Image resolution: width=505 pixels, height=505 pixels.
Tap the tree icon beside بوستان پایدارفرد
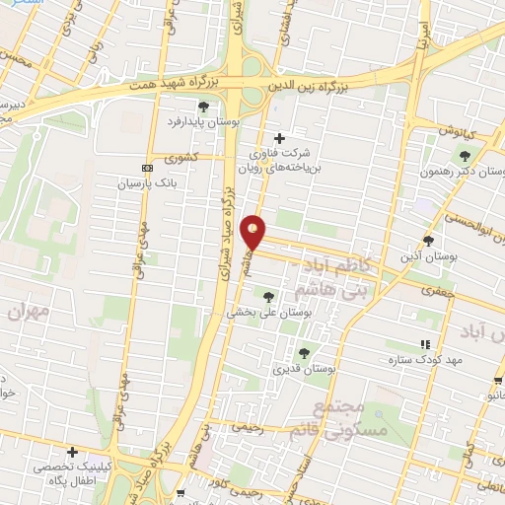(x=203, y=107)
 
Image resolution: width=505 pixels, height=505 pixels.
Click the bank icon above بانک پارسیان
(x=147, y=168)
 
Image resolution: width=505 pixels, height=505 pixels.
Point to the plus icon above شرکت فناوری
(x=280, y=138)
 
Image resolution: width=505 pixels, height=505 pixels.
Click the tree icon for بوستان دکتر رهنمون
(x=465, y=155)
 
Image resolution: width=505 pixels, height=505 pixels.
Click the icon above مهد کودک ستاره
(x=425, y=344)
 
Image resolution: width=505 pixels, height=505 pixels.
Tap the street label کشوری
(x=180, y=158)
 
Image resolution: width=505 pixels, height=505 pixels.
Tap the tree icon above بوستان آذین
(x=428, y=240)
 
